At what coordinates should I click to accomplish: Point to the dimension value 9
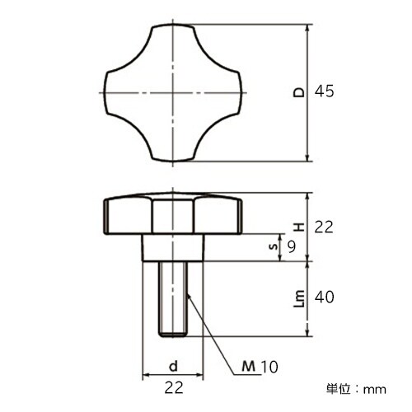pos(290,245)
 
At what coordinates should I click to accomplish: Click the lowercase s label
pos(274,246)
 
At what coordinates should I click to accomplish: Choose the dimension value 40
pos(324,297)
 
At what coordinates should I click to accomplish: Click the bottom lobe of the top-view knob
pos(173,149)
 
